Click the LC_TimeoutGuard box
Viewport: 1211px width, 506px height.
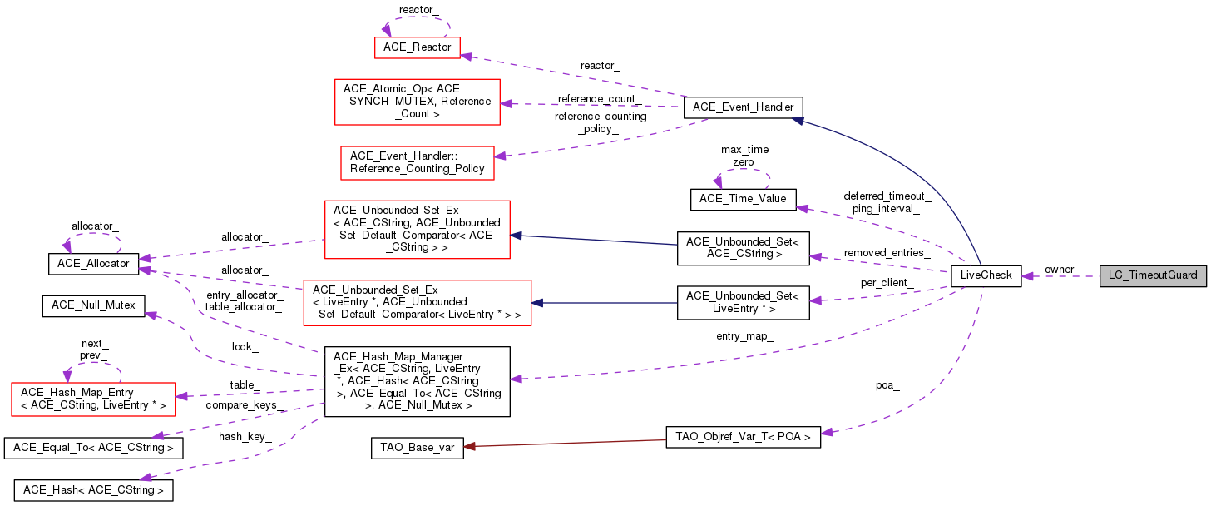(1152, 275)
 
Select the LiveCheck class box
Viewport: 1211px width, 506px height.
(986, 275)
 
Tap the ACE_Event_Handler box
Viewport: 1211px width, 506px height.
(743, 107)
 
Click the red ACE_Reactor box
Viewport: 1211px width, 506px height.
(418, 47)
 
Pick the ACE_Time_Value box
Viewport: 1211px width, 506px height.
(744, 200)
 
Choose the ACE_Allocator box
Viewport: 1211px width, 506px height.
(91, 263)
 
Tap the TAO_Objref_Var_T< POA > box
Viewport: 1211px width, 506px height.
(744, 438)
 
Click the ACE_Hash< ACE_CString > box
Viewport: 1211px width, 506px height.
(94, 490)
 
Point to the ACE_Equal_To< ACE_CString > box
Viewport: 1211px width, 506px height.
(94, 448)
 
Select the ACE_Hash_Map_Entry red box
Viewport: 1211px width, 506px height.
(91, 399)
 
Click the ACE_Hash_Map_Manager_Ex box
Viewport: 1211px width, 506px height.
(417, 382)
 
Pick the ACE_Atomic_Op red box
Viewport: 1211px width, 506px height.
(417, 102)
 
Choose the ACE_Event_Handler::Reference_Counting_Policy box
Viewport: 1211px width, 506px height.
(417, 162)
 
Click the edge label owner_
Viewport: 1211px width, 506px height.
(1061, 270)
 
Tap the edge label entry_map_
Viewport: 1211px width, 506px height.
(744, 336)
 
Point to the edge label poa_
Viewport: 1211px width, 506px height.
(887, 385)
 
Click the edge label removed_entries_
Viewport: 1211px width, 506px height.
(887, 252)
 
